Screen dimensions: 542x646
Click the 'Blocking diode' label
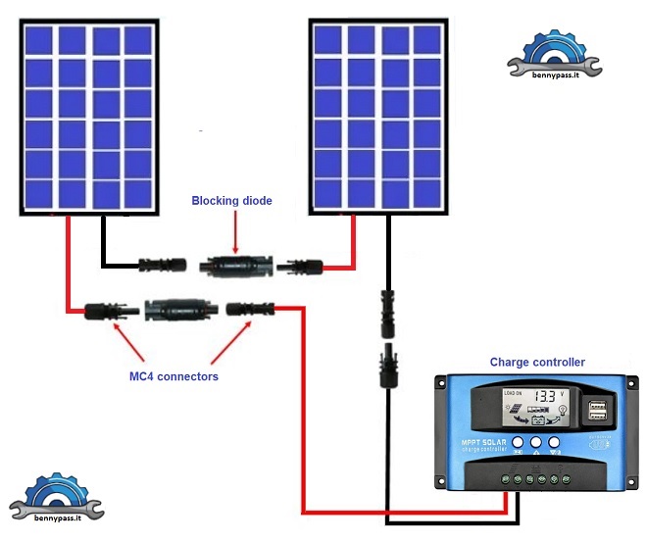tap(231, 201)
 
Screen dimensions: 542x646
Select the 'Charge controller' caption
tap(537, 362)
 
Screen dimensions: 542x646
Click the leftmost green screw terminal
tap(504, 479)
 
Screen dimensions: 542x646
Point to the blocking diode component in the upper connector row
tap(233, 265)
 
